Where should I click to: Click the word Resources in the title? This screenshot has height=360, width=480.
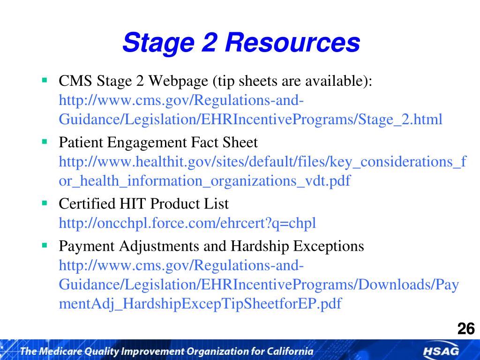coord(292,43)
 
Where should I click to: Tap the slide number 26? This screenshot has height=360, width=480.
coord(465,329)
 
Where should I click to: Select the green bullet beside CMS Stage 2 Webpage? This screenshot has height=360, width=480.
coord(45,80)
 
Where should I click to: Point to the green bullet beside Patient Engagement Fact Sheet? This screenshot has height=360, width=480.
coord(45,141)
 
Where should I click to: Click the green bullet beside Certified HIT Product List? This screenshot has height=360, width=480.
coord(45,203)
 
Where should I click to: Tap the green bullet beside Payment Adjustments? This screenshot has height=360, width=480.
coord(45,245)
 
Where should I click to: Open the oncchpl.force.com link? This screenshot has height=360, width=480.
coord(187,224)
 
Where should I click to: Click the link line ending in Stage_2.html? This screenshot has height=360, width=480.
coord(250,120)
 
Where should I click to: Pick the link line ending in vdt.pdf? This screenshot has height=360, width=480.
coord(204,181)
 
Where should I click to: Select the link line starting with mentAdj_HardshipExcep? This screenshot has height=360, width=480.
coord(200,304)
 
